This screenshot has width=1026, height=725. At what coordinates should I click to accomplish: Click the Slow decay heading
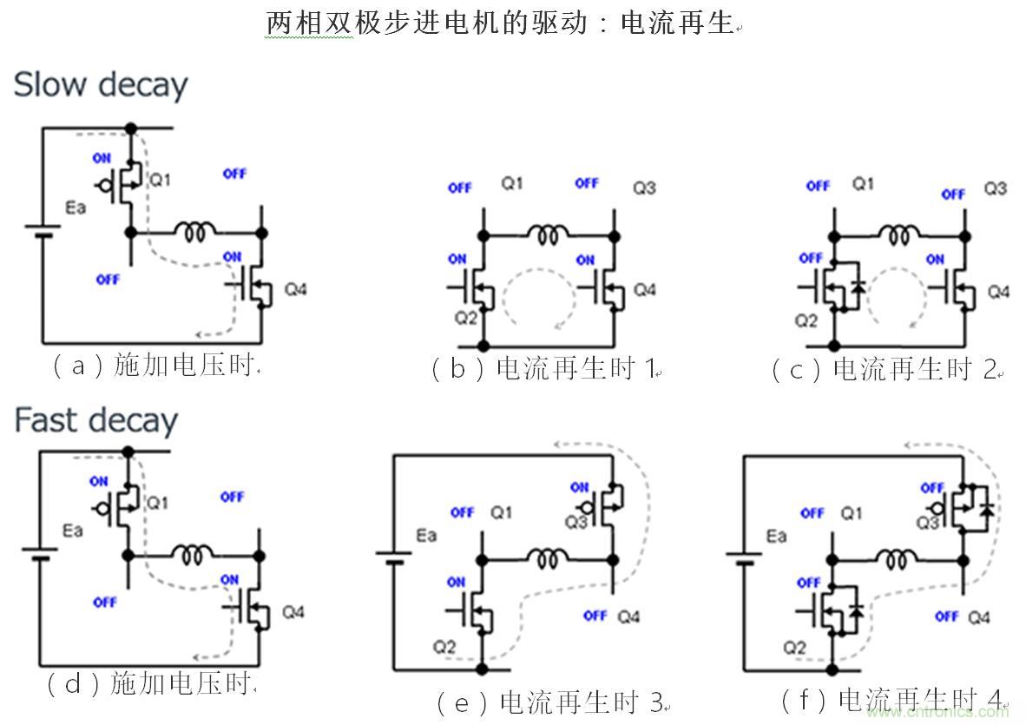click(x=101, y=85)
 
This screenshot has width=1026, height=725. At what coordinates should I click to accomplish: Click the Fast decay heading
click(x=95, y=420)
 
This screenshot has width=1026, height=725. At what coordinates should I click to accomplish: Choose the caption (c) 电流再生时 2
click(x=885, y=369)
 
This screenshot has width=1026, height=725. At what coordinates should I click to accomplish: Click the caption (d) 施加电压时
click(x=151, y=684)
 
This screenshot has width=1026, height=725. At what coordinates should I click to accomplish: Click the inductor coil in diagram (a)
click(x=195, y=231)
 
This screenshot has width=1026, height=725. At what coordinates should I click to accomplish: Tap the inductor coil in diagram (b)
click(x=548, y=232)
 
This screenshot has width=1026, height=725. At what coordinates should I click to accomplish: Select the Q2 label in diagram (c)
click(x=806, y=321)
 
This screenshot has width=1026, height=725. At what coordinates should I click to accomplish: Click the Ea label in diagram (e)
click(x=426, y=536)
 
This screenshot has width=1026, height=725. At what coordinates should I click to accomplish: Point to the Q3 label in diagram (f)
click(x=928, y=522)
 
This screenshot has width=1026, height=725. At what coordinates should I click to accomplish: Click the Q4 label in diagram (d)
click(x=294, y=612)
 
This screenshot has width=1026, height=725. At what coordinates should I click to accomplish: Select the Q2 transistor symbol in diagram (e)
click(x=471, y=613)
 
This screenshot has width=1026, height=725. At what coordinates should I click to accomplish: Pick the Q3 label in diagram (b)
click(x=643, y=188)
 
